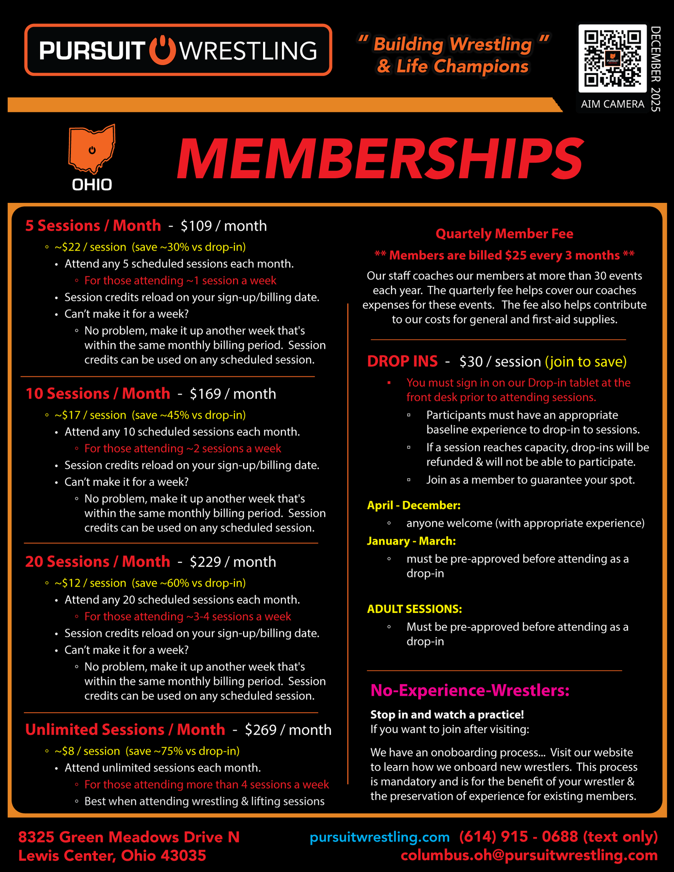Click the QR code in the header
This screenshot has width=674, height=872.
(612, 58)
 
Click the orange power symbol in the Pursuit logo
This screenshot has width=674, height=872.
(162, 50)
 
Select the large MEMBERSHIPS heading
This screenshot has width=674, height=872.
(380, 159)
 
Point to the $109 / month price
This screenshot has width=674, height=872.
(223, 226)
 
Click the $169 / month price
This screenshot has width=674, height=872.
(233, 394)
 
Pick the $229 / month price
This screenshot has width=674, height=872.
(233, 562)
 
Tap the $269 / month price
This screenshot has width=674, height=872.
(288, 730)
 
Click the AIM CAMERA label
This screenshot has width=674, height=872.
(612, 104)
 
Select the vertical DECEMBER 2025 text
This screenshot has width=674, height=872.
(656, 69)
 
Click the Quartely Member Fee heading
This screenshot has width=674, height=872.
(504, 234)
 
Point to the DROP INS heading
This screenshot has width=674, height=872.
(402, 361)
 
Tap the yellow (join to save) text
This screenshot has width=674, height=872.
(586, 362)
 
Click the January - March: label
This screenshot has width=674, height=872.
(411, 541)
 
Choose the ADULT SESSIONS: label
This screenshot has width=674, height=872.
(414, 609)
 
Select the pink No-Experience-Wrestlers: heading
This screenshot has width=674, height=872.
(470, 690)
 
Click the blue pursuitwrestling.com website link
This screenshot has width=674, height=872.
(380, 837)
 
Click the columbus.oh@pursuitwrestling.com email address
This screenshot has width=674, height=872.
(529, 856)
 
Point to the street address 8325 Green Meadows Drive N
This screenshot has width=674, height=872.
(129, 837)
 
